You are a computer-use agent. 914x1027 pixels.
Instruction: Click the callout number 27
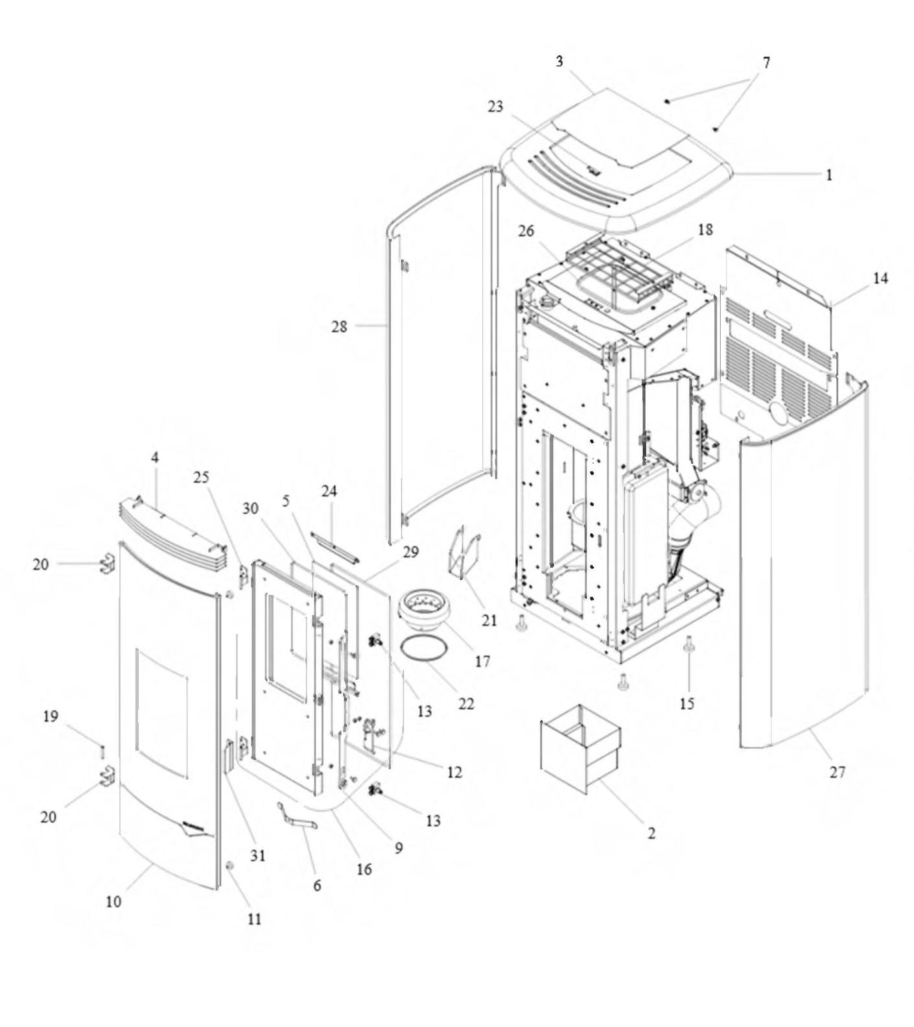tap(838, 772)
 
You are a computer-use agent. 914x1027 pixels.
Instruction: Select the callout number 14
tap(880, 278)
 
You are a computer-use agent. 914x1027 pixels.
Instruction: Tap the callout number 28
tap(340, 326)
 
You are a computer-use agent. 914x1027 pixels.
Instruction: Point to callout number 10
tap(113, 901)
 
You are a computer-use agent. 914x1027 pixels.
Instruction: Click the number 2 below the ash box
tap(651, 833)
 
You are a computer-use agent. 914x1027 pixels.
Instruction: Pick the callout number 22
tap(467, 703)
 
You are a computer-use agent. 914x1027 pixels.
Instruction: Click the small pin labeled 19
tap(102, 752)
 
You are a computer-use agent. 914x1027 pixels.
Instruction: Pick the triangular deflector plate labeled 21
tap(463, 551)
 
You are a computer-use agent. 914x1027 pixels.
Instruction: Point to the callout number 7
tap(766, 63)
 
